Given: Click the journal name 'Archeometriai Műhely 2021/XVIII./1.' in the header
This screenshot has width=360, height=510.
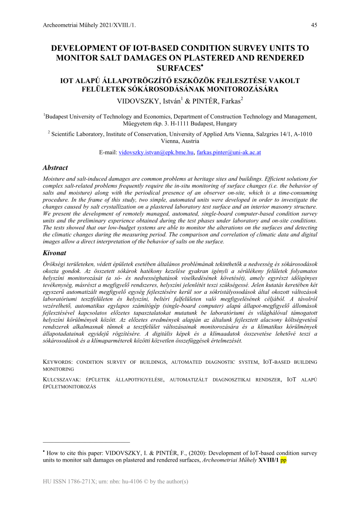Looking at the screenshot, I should point(90,25).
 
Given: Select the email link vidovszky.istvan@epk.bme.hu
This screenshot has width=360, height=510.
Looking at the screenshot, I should point(156,152).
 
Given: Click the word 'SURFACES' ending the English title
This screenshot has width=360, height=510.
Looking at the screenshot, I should point(177,68).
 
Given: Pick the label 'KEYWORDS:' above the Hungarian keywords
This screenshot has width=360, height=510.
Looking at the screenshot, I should point(58,362).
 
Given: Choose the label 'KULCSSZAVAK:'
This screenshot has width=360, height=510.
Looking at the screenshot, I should point(62,379).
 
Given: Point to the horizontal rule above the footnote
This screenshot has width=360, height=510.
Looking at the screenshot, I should point(86,442).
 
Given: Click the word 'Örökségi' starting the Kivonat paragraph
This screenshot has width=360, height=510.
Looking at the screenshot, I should point(55,264).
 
